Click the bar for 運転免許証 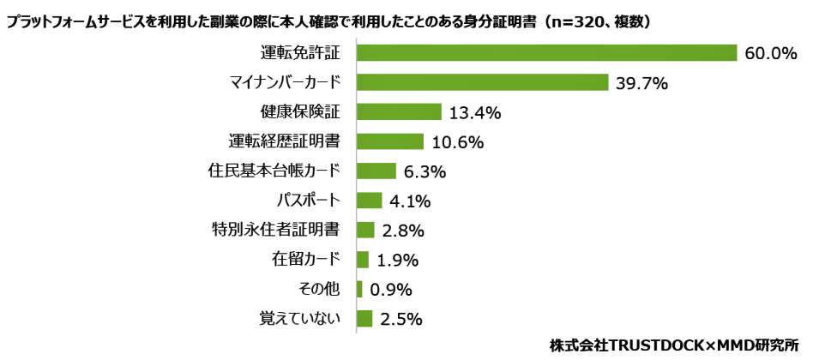547,53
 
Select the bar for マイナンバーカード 482,82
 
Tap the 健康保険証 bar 399,112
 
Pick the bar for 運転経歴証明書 390,141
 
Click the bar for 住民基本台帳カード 376,171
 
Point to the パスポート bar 370,201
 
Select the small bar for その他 359,289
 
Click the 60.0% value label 771,54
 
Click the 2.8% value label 402,231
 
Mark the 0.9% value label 390,290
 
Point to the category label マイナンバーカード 285,82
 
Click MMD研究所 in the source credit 766,345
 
